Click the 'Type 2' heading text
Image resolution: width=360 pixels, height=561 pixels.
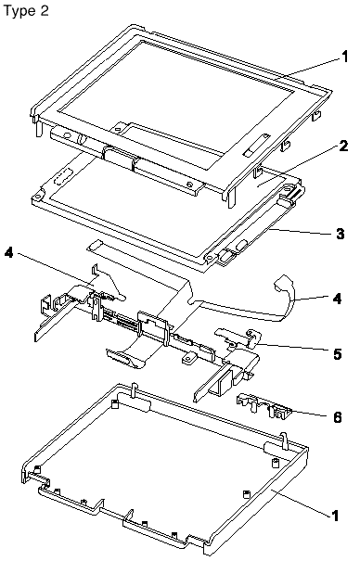(26, 11)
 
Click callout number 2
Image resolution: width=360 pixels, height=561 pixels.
(342, 147)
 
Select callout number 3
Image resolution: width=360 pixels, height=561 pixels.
(340, 234)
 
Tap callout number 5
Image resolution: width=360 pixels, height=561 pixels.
(338, 354)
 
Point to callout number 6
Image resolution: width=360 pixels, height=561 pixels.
(337, 417)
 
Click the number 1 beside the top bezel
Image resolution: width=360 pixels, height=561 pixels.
(344, 57)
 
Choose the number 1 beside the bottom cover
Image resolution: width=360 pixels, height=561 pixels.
(334, 516)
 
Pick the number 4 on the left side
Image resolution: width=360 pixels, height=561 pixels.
(9, 253)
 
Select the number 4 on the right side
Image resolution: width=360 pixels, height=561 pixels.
(337, 298)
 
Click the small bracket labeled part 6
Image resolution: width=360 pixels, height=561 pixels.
(264, 405)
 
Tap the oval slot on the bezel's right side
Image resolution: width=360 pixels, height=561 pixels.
(255, 144)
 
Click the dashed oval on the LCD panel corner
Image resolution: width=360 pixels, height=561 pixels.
(61, 177)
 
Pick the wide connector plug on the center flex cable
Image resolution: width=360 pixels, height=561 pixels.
(120, 358)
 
